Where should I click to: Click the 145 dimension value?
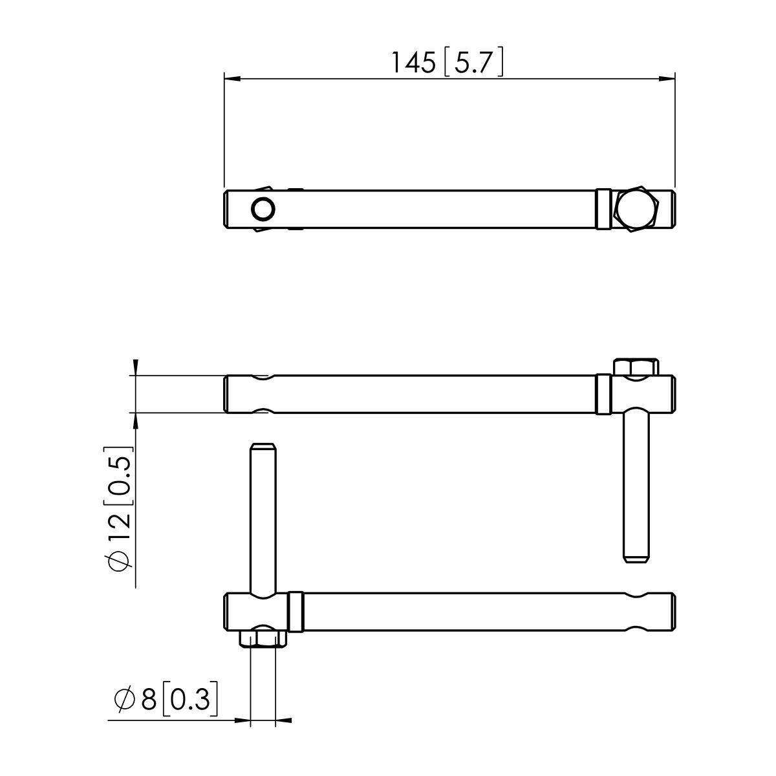tap(413, 63)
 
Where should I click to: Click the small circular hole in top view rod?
tap(263, 209)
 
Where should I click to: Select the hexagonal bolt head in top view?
tap(636, 209)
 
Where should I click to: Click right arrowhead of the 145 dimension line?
tap(668, 79)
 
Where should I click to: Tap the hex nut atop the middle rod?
tap(636, 367)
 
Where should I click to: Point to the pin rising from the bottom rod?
tap(263, 517)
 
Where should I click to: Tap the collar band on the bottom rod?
tap(296, 612)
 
